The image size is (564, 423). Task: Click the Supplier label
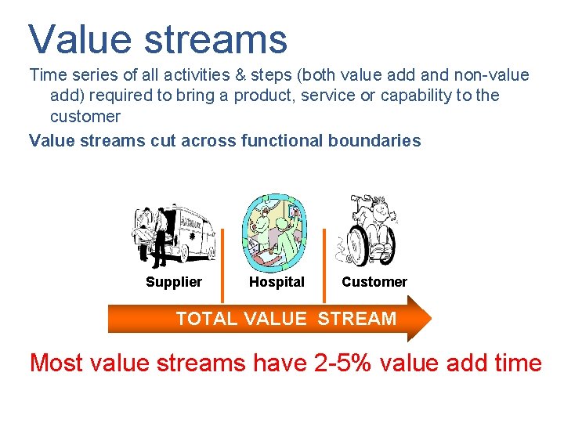(x=174, y=282)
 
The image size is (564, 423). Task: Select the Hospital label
(x=277, y=282)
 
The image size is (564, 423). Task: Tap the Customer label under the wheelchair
(x=374, y=282)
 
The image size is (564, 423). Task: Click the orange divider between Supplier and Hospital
(x=222, y=265)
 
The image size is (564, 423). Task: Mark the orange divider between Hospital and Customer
(x=325, y=265)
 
